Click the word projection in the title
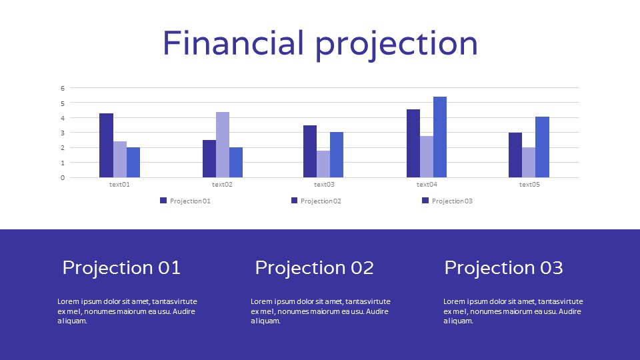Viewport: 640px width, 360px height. point(397,44)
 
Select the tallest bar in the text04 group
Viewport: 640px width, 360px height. point(440,137)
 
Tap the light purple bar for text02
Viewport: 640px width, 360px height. point(223,145)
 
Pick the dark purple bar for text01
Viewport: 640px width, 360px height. point(106,145)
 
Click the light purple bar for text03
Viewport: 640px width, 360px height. point(323,164)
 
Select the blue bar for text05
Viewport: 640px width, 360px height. point(542,147)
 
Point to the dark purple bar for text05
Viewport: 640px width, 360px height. point(515,155)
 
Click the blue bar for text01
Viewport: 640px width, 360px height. point(133,163)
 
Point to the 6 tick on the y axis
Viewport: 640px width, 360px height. point(63,88)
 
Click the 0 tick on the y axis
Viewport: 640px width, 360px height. point(63,178)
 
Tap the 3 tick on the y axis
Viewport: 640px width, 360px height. point(63,133)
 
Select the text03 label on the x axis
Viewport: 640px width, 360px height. point(324,185)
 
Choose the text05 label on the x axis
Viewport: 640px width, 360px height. point(529,185)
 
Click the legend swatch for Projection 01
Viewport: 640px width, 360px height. point(163,201)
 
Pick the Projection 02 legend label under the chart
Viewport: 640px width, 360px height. point(321,201)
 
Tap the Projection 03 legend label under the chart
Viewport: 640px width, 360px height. point(452,201)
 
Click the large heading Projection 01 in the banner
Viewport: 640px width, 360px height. point(121,268)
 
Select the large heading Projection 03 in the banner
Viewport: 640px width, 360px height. point(503,268)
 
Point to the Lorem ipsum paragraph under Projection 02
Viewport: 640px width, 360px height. point(320,311)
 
